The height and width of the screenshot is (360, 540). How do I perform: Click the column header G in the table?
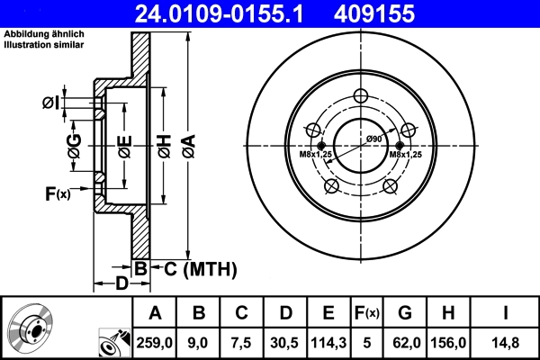click(405, 312)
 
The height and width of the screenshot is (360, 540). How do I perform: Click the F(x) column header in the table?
click(368, 312)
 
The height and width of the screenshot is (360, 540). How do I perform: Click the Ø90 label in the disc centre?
click(374, 139)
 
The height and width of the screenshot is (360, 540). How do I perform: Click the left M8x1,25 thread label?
click(316, 155)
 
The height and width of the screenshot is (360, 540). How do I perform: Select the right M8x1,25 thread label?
click(406, 155)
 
